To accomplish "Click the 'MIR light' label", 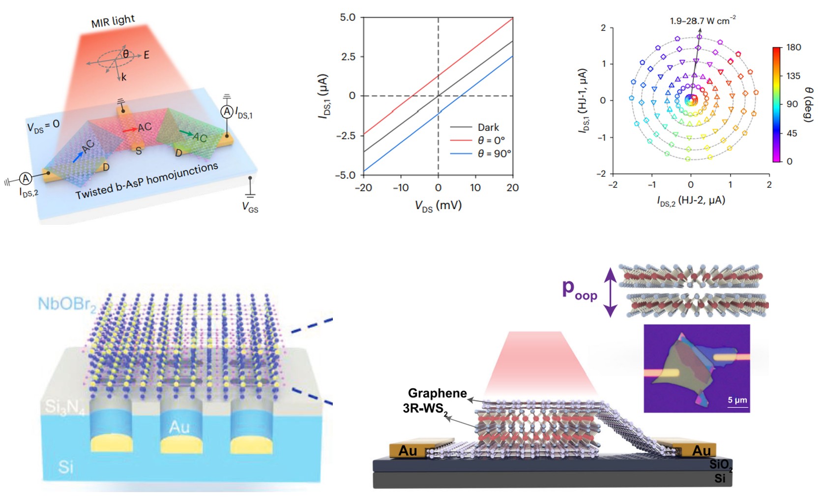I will [113, 21].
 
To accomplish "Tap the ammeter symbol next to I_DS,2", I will [25, 178].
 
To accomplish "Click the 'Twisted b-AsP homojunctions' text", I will [147, 181].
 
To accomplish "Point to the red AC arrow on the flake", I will [130, 130].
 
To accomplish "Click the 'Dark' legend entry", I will [488, 127].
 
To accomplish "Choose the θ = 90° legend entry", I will [494, 154].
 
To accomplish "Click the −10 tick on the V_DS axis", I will [400, 187].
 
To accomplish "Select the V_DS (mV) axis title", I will [438, 205].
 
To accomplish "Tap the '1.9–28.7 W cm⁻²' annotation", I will [703, 21].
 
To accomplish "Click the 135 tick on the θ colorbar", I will [793, 76].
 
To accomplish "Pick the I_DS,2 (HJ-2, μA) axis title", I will [691, 200].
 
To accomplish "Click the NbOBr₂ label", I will [67, 304].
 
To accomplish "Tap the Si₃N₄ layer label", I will [64, 407].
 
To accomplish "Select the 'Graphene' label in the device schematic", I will [437, 393].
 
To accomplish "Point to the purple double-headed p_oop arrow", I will [610, 292].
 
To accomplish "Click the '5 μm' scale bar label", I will [737, 400].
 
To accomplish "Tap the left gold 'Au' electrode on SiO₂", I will [408, 450].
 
